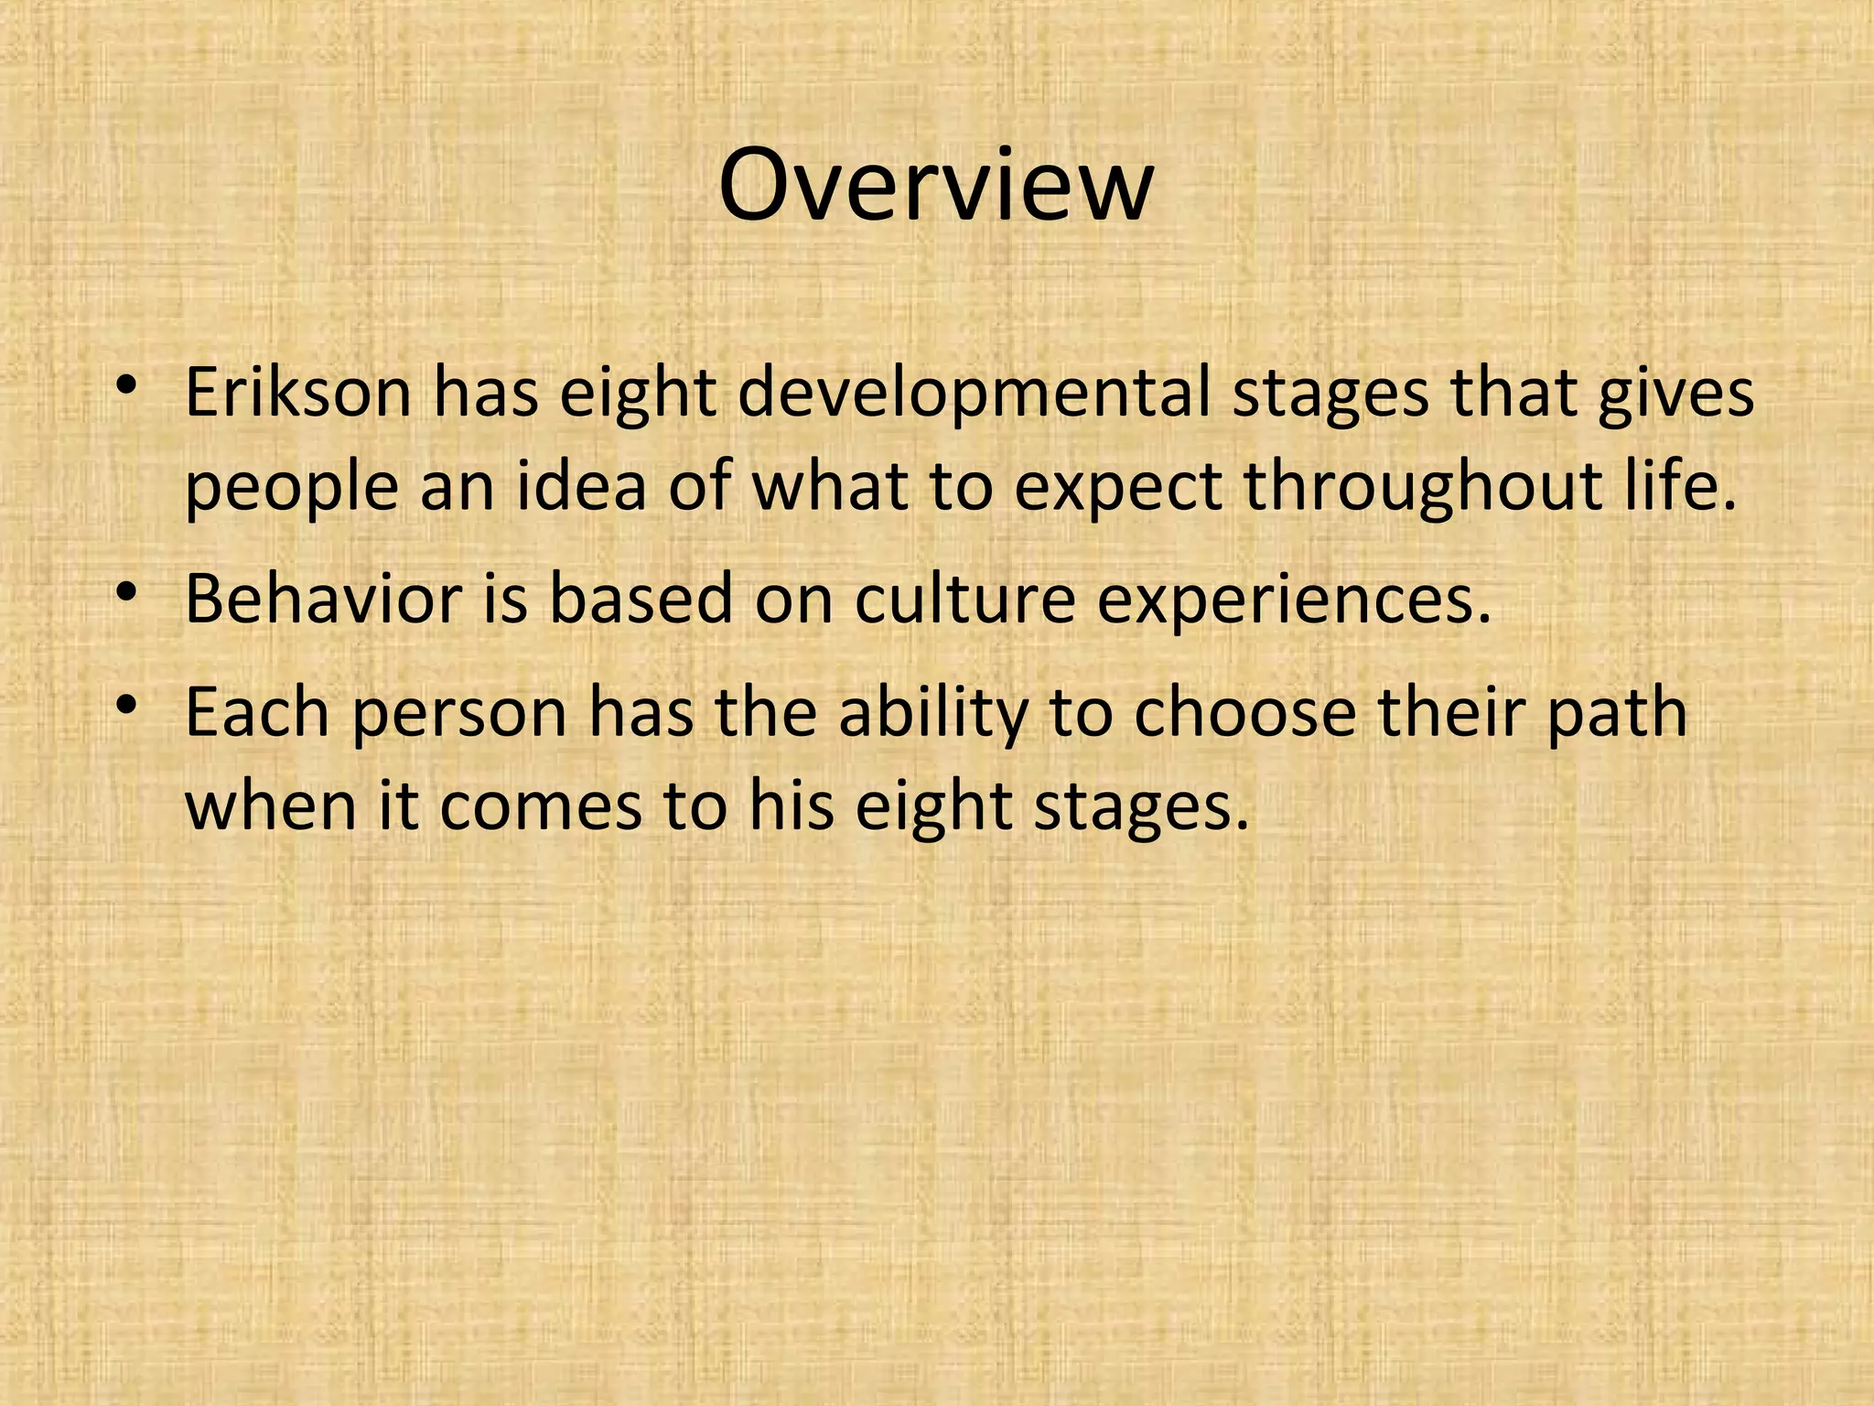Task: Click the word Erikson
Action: click(298, 392)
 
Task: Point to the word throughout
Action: click(1423, 488)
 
